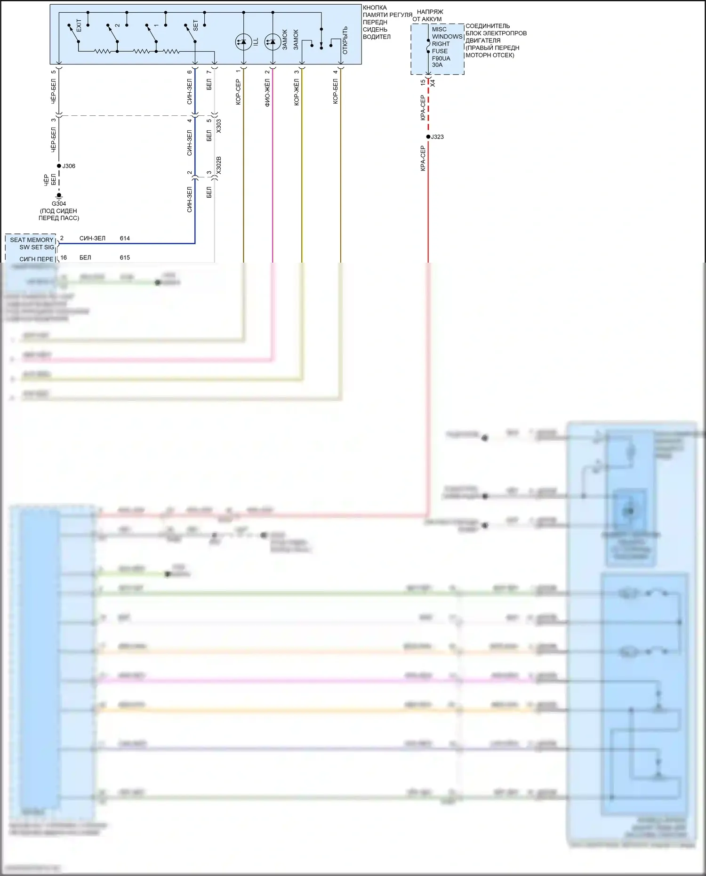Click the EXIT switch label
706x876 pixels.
point(79,25)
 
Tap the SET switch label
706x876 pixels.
point(196,25)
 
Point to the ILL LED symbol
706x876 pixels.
point(243,42)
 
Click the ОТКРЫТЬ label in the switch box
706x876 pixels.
point(345,40)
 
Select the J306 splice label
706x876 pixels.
point(69,166)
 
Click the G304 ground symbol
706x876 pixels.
point(59,196)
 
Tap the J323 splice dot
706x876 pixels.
point(428,137)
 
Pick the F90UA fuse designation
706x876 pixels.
point(441,58)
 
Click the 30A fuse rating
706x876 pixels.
point(437,65)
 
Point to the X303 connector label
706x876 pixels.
point(219,126)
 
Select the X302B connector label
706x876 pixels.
point(219,165)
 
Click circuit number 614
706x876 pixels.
point(125,239)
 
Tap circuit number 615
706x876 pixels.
point(125,258)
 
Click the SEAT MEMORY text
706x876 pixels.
point(32,240)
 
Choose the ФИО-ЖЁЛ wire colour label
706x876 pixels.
point(267,93)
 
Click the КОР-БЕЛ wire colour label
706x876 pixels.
point(335,91)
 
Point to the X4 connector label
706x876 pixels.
point(433,83)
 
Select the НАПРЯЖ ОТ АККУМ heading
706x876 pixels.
point(428,16)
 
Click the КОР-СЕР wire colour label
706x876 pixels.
point(238,92)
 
